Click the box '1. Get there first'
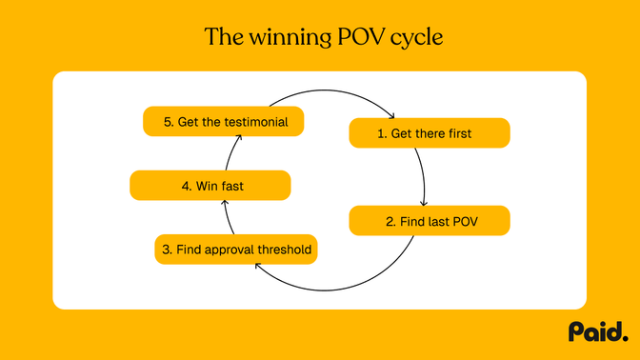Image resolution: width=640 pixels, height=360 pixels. [430, 133]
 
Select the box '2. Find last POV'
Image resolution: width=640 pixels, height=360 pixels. [430, 221]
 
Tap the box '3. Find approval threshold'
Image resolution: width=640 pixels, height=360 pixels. [235, 250]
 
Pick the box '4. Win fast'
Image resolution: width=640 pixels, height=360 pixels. [210, 186]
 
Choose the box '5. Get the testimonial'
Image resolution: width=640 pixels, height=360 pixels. [223, 121]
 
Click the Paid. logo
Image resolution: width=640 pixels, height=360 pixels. [598, 331]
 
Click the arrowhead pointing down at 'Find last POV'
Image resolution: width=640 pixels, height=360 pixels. [422, 201]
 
